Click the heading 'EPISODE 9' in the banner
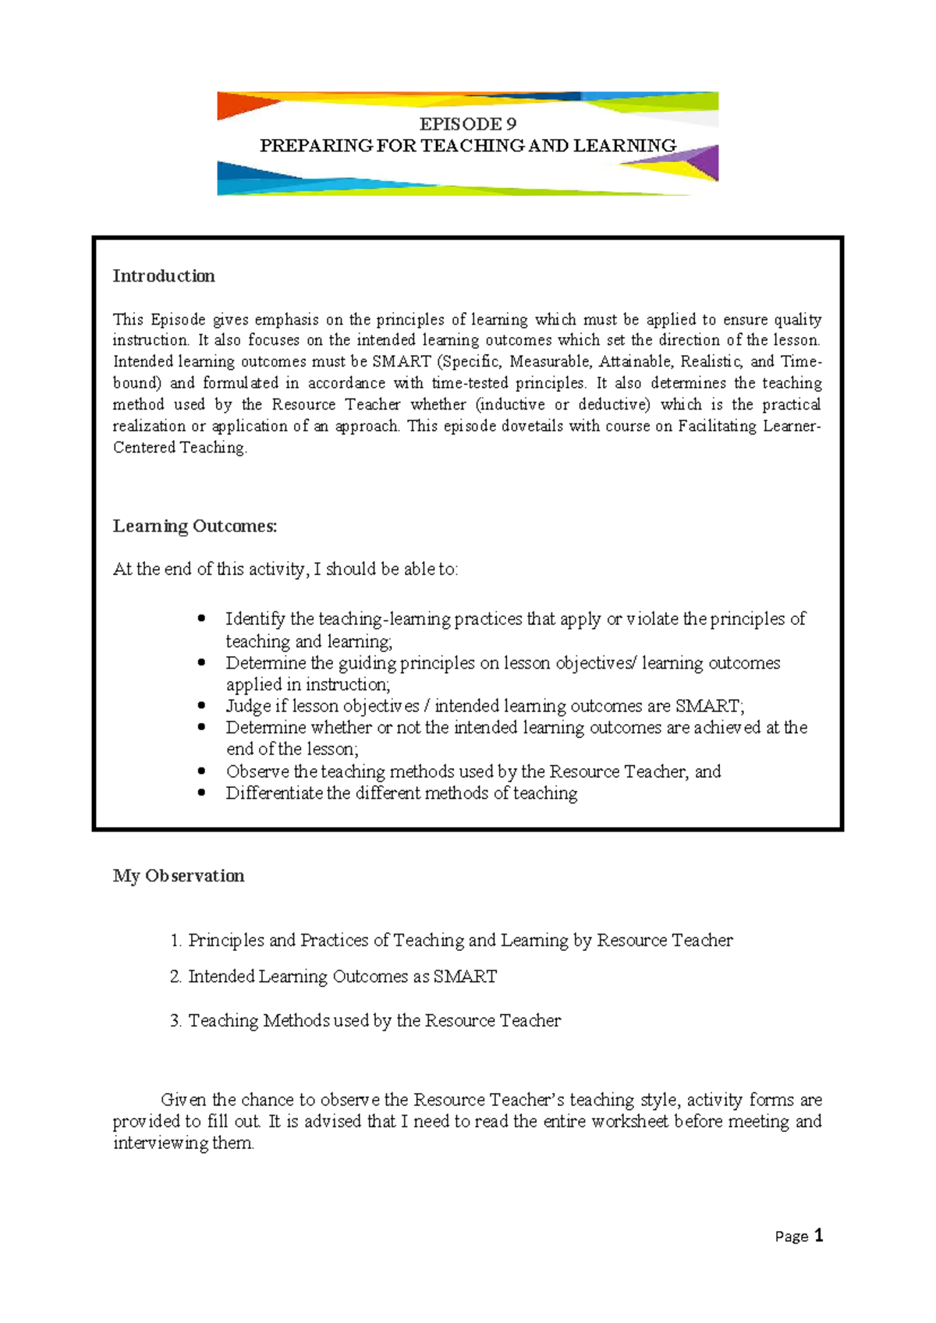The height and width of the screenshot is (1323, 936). [467, 124]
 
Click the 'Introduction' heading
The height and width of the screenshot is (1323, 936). [164, 276]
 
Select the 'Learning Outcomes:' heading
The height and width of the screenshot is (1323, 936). [195, 527]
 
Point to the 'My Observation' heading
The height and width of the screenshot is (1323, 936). [179, 876]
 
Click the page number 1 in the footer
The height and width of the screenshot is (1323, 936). [818, 1236]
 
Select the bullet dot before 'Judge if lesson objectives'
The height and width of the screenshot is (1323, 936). [202, 705]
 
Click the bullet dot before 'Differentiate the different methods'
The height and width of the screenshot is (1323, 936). [202, 793]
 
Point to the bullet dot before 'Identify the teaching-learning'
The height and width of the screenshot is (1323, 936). [202, 618]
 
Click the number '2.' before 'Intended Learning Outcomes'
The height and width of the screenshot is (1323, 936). [175, 977]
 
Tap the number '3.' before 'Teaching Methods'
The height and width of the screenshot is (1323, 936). [175, 1021]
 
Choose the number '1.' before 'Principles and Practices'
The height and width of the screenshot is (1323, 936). [175, 941]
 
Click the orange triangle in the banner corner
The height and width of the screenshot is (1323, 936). [233, 104]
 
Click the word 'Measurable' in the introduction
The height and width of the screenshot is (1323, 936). [549, 362]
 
